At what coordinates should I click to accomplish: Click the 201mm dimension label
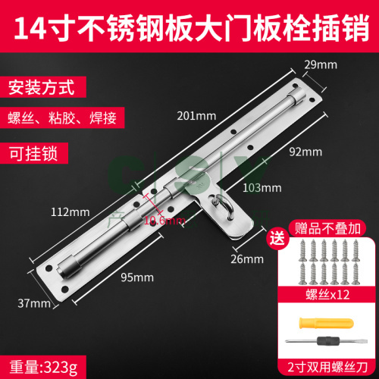(x=196, y=116)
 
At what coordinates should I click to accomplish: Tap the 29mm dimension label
(x=321, y=65)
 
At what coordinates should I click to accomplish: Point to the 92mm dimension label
(x=305, y=152)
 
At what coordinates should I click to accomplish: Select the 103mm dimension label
(x=262, y=188)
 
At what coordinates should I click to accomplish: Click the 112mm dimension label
(x=70, y=212)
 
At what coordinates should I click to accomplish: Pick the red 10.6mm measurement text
(x=164, y=221)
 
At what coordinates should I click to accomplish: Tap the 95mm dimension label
(x=137, y=277)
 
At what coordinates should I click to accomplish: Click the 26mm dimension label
(x=247, y=259)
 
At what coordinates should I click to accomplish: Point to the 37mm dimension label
(x=34, y=303)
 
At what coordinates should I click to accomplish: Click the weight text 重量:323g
(x=43, y=368)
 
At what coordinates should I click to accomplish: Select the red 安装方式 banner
(x=43, y=87)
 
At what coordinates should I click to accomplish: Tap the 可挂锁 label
(x=34, y=153)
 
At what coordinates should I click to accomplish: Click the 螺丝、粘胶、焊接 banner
(x=62, y=117)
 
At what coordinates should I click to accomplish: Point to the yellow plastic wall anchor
(x=326, y=323)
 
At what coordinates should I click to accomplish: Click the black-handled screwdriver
(x=326, y=341)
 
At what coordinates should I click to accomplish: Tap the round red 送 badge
(x=277, y=238)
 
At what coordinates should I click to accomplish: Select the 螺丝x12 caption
(x=327, y=295)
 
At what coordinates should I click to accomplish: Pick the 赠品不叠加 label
(x=327, y=228)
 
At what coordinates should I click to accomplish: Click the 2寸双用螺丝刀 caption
(x=327, y=367)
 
